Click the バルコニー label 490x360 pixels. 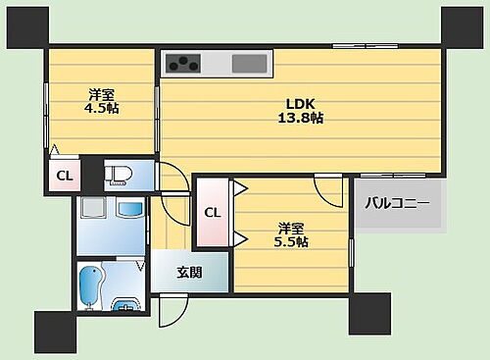point(397,204)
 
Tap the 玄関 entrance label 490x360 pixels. point(189,273)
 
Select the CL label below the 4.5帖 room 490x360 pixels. point(62,177)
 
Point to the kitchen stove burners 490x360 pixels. point(182,64)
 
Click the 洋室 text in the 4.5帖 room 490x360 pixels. point(100,94)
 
